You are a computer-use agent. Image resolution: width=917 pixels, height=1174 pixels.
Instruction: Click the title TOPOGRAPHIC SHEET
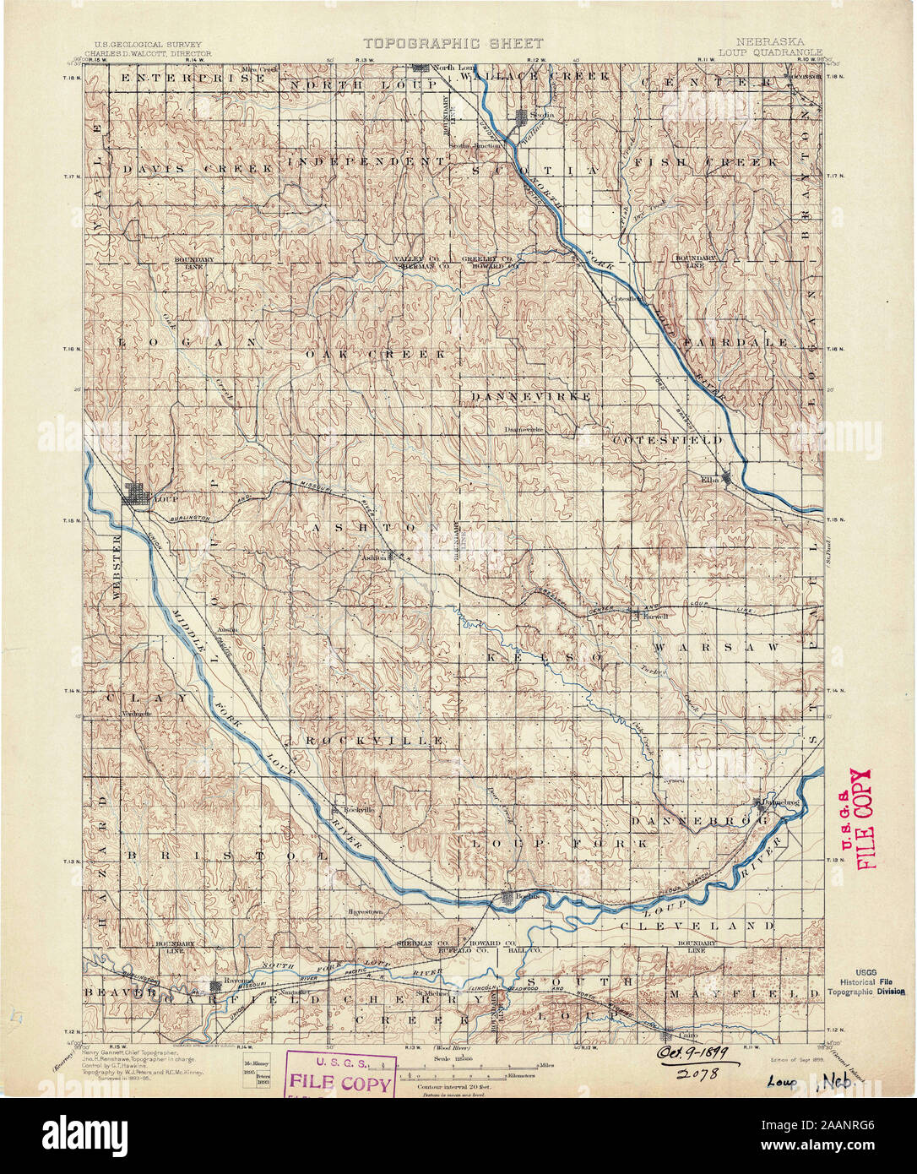pos(453,43)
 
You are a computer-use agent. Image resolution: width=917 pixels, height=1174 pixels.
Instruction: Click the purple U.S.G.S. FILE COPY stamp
pos(341,1073)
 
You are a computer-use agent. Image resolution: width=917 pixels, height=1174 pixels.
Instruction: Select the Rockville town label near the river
pos(355,809)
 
